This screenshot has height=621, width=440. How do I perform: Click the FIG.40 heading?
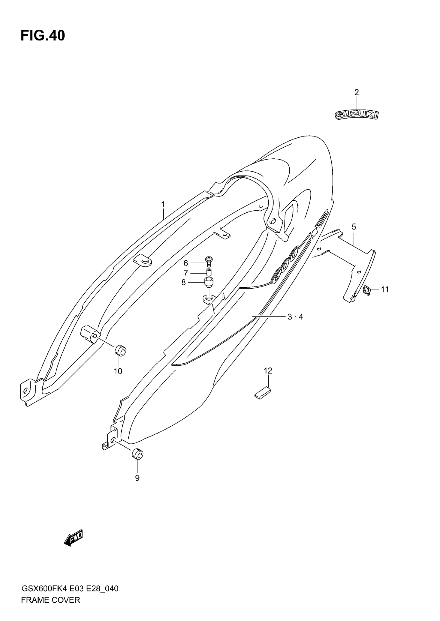[43, 36]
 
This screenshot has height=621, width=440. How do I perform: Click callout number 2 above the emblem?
[357, 93]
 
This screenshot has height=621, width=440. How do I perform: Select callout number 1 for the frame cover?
[163, 205]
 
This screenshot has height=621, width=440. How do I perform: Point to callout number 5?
[354, 227]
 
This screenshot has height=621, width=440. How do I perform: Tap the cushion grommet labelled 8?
[209, 282]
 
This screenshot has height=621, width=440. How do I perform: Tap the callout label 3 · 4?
[295, 317]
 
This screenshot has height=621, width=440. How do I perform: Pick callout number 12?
[268, 371]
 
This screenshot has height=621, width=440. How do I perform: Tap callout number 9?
[137, 478]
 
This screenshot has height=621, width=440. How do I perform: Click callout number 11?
[385, 290]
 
